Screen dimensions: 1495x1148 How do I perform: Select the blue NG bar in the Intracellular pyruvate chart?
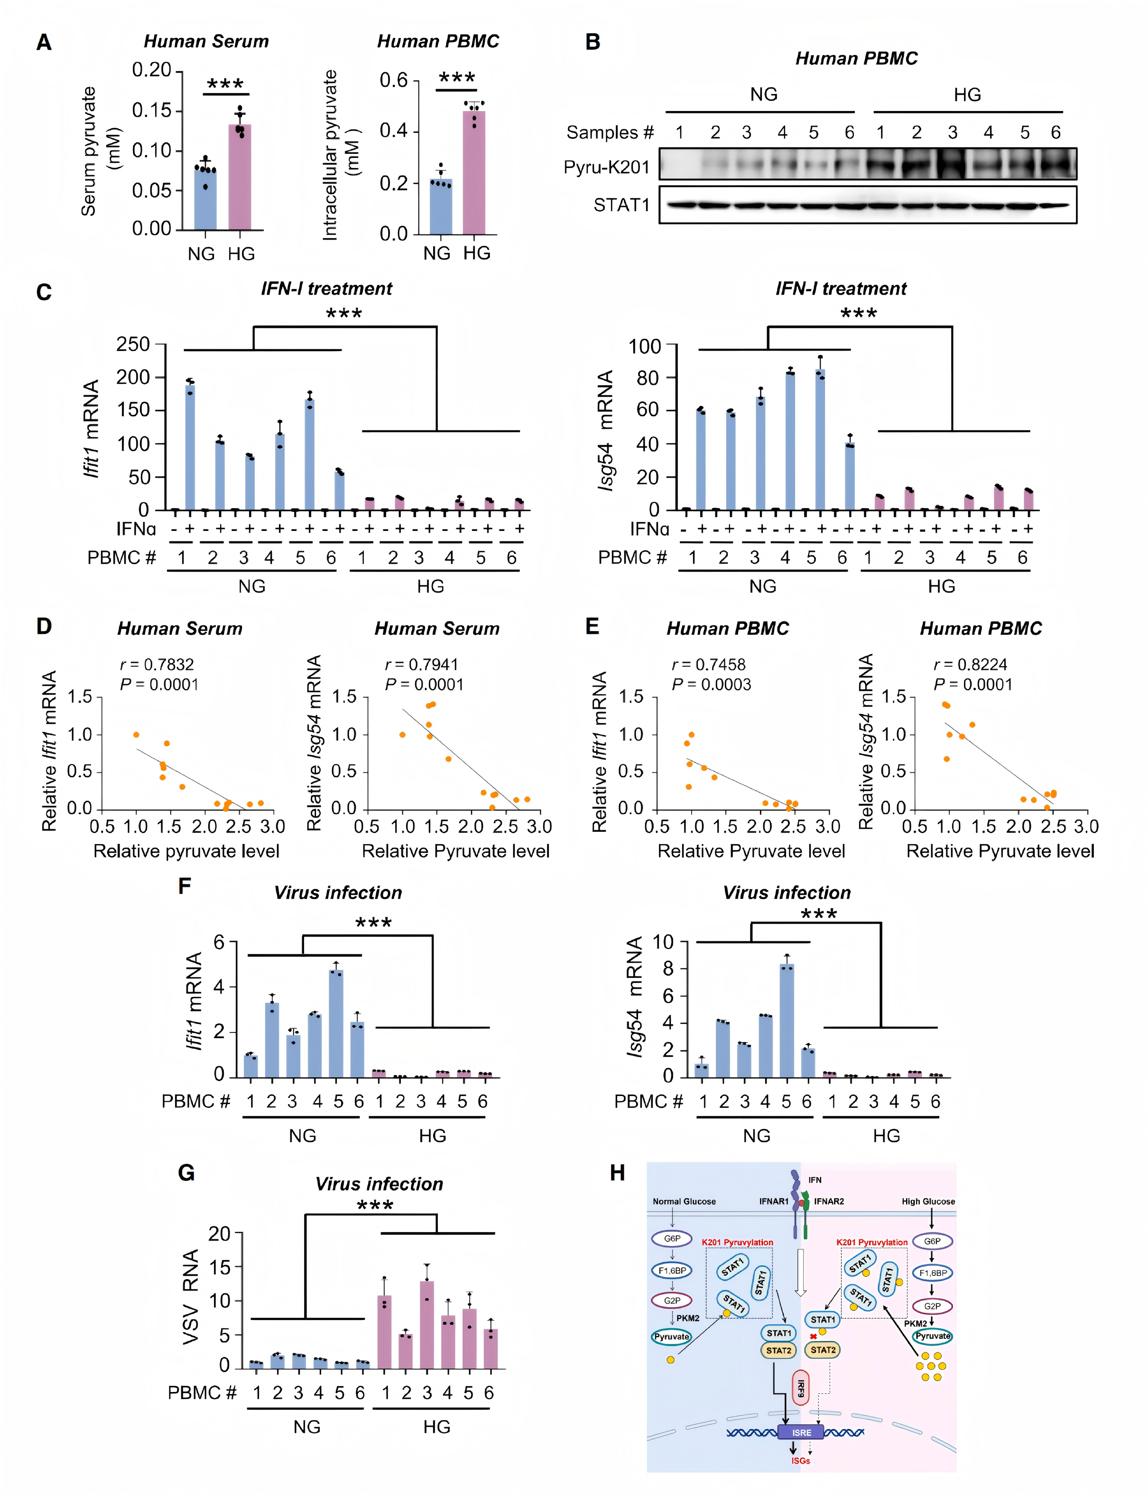[x=441, y=205]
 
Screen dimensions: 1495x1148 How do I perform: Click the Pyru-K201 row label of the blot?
[x=606, y=167]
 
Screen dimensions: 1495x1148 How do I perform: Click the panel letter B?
[x=593, y=42]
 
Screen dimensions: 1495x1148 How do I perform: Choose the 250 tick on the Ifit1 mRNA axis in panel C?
[x=133, y=344]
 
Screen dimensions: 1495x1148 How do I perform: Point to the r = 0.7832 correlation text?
[x=157, y=664]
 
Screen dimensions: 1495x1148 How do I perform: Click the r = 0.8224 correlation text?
[x=970, y=664]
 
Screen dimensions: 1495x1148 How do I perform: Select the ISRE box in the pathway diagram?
[x=801, y=1432]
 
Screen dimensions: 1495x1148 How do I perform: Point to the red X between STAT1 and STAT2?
[x=813, y=1337]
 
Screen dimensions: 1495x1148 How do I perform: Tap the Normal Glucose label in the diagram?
[x=684, y=1201]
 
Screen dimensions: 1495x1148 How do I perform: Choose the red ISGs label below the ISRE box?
[x=800, y=1460]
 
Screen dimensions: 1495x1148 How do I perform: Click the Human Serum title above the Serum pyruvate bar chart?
[x=206, y=42]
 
